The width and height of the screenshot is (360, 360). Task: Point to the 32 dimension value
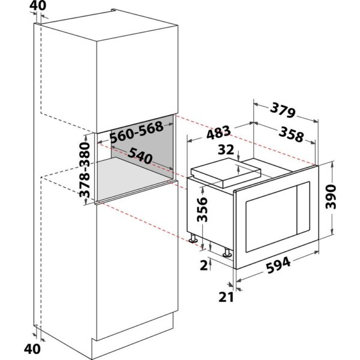227,149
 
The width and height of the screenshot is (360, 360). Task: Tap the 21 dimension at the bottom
226,296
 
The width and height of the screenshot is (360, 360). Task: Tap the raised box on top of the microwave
228,172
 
